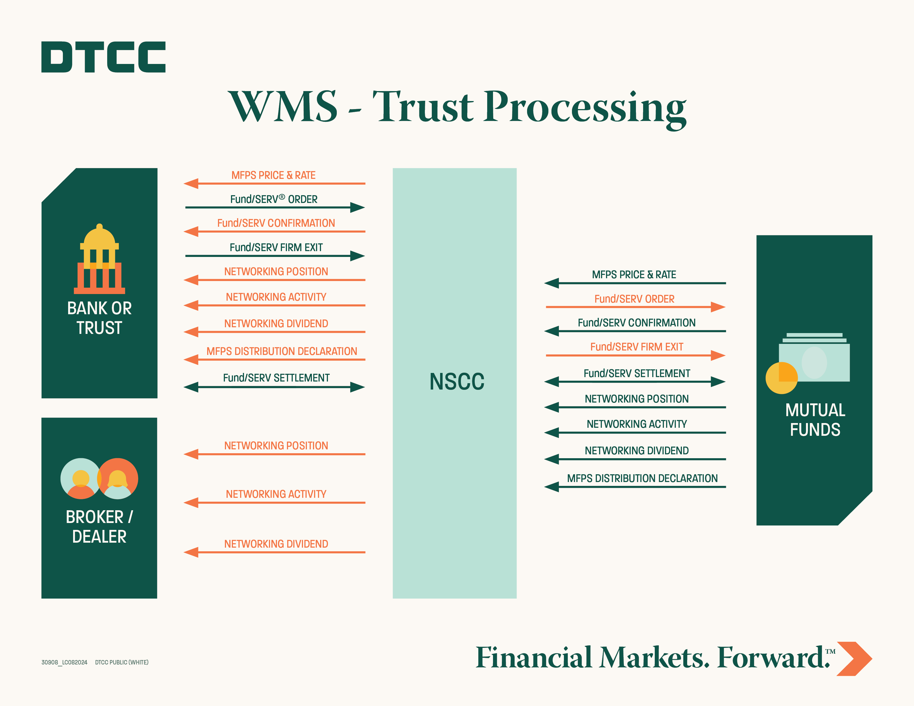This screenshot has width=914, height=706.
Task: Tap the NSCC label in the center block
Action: pyautogui.click(x=456, y=382)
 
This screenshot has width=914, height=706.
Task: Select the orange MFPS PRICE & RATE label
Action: pyautogui.click(x=273, y=175)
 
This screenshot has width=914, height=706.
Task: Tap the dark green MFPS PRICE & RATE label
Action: pyautogui.click(x=634, y=275)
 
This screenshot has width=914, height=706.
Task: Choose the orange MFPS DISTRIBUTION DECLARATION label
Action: pyautogui.click(x=282, y=351)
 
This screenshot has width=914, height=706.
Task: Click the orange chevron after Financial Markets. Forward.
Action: pyautogui.click(x=854, y=658)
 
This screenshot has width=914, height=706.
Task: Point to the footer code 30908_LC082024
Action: pyautogui.click(x=64, y=662)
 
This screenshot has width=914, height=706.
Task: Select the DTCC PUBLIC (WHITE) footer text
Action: pyautogui.click(x=122, y=662)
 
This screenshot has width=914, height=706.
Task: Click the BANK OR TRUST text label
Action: pyautogui.click(x=99, y=318)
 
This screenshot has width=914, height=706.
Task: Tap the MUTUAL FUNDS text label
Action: pyautogui.click(x=815, y=420)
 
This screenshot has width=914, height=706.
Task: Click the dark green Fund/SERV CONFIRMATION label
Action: pyautogui.click(x=636, y=323)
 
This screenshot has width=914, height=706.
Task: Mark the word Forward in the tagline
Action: pyautogui.click(x=772, y=658)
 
